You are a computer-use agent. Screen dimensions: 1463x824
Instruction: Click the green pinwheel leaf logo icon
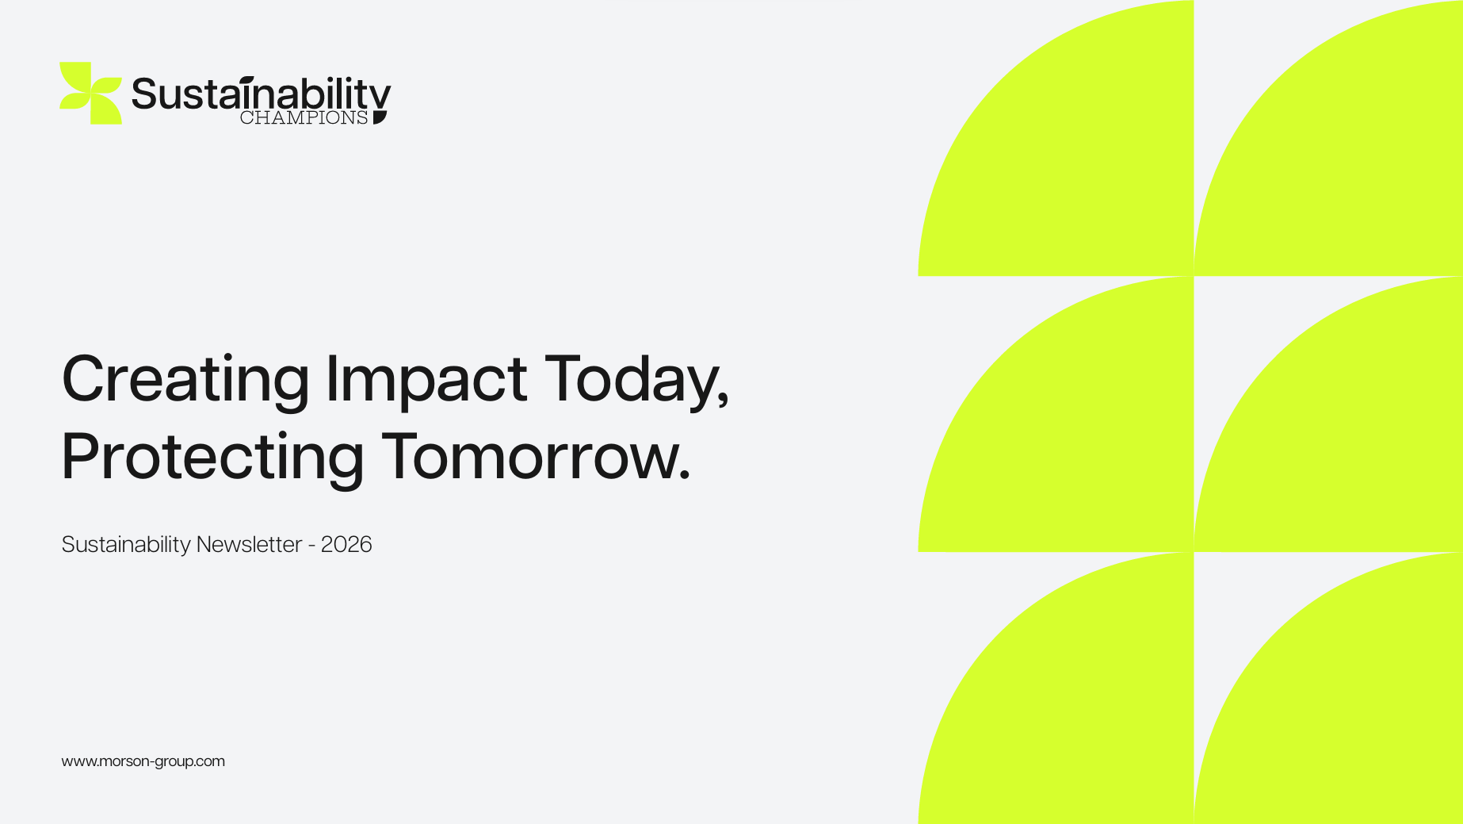pos(90,93)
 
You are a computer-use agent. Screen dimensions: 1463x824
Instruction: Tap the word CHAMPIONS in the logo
pos(304,118)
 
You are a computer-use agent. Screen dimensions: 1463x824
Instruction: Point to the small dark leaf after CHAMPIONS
pos(380,117)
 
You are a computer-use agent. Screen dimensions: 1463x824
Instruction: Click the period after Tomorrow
pos(685,476)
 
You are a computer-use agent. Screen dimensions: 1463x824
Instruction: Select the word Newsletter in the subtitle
pos(249,544)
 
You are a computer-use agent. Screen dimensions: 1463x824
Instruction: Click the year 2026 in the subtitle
pos(346,544)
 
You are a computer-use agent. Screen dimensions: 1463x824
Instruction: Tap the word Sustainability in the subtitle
pos(126,545)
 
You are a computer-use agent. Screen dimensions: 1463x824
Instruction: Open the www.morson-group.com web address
pos(143,761)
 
